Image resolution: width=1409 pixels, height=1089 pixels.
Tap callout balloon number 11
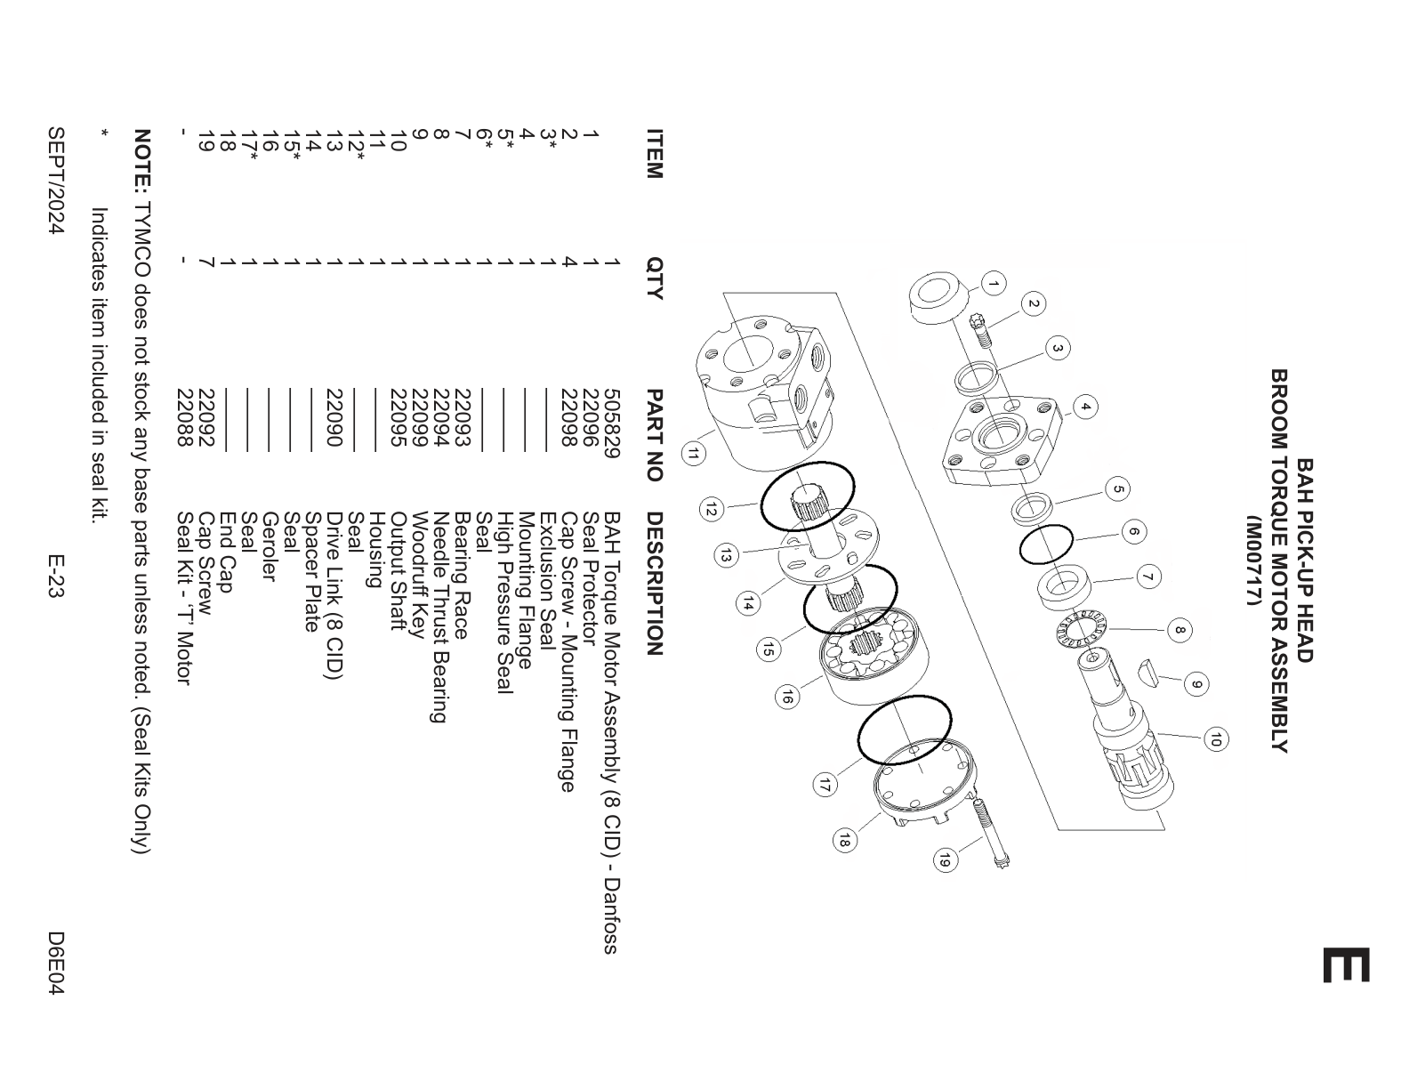click(693, 454)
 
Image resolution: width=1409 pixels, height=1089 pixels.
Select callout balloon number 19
click(945, 859)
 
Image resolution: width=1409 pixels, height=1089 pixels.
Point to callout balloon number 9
click(1196, 684)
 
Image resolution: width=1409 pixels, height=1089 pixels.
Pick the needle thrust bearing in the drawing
click(1079, 629)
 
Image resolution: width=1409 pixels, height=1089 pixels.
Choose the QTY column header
click(655, 278)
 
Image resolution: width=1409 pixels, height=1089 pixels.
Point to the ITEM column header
click(655, 154)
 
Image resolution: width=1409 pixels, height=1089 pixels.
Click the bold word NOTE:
click(142, 159)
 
